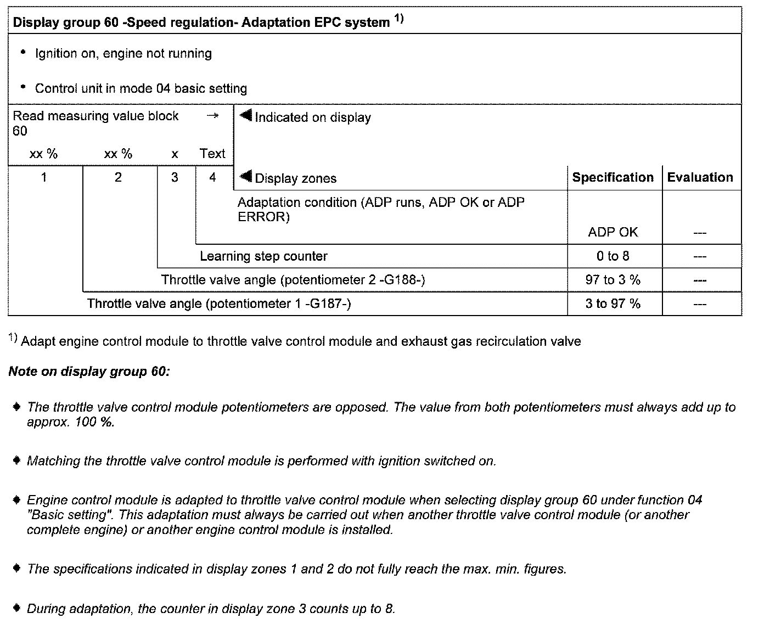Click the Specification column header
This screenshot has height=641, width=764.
point(613,178)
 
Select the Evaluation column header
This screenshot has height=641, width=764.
point(700,178)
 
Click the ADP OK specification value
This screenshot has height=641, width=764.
point(613,232)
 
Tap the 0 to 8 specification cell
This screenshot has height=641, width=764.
point(613,256)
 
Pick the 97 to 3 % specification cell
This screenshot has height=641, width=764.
point(613,280)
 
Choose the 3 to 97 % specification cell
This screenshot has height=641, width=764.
point(613,303)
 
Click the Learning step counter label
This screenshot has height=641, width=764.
point(263,256)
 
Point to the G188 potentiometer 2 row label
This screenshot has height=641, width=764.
point(293,280)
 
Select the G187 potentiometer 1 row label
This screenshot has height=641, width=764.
point(219,303)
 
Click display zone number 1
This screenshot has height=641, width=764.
point(44,177)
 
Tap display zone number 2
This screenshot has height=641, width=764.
point(118,177)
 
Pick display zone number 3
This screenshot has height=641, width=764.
point(175,177)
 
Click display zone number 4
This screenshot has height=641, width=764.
point(213,177)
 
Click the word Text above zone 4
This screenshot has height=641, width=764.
point(213,154)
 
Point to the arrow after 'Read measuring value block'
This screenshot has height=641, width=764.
point(212,116)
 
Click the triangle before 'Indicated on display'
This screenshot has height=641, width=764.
point(246,116)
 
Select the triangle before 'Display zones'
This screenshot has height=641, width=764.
point(246,177)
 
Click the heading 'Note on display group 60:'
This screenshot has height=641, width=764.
point(89,372)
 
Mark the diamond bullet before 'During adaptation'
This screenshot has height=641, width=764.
point(17,608)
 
